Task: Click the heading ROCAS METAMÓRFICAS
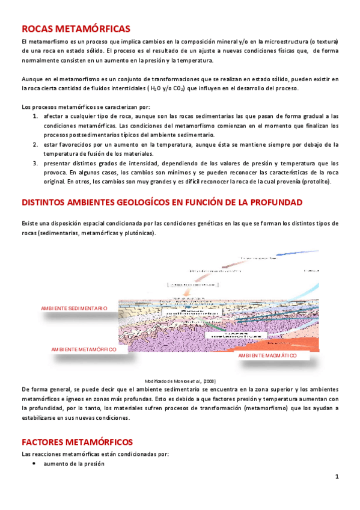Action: tap(75, 28)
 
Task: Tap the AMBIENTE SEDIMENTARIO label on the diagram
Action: tap(74, 309)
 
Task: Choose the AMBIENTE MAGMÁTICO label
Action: tap(267, 355)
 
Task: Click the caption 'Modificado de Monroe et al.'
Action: tap(180, 381)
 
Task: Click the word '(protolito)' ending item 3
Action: tap(322, 182)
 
